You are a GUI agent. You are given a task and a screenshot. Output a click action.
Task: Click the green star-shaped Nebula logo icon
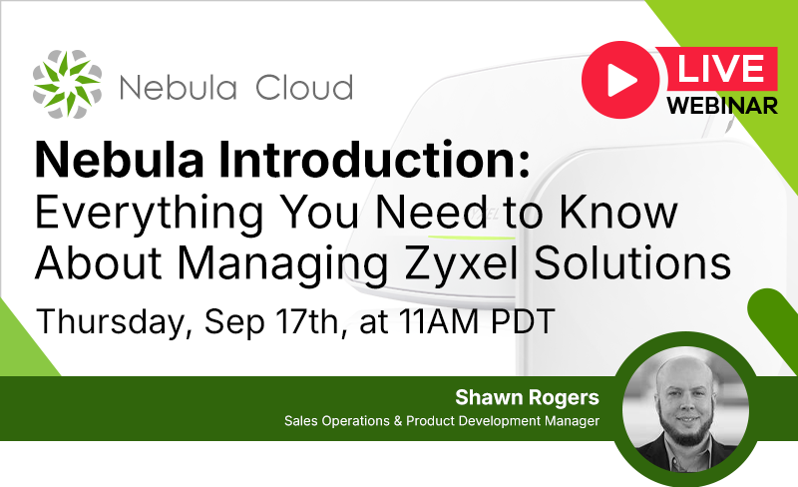(67, 84)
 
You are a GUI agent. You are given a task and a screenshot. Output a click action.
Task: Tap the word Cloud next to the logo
(304, 87)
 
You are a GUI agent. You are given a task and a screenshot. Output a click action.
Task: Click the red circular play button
(620, 80)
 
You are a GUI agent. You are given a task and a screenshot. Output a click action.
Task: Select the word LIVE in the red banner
(720, 68)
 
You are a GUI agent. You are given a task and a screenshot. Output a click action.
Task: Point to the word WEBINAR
(722, 106)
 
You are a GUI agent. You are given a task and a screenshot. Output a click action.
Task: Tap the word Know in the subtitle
(618, 212)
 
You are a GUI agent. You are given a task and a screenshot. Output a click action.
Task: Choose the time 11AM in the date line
(439, 321)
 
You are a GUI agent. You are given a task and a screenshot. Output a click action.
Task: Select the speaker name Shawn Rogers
(528, 397)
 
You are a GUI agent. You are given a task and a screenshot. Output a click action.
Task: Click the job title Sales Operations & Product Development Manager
(442, 421)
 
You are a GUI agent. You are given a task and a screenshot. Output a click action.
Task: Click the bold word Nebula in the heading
(120, 160)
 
